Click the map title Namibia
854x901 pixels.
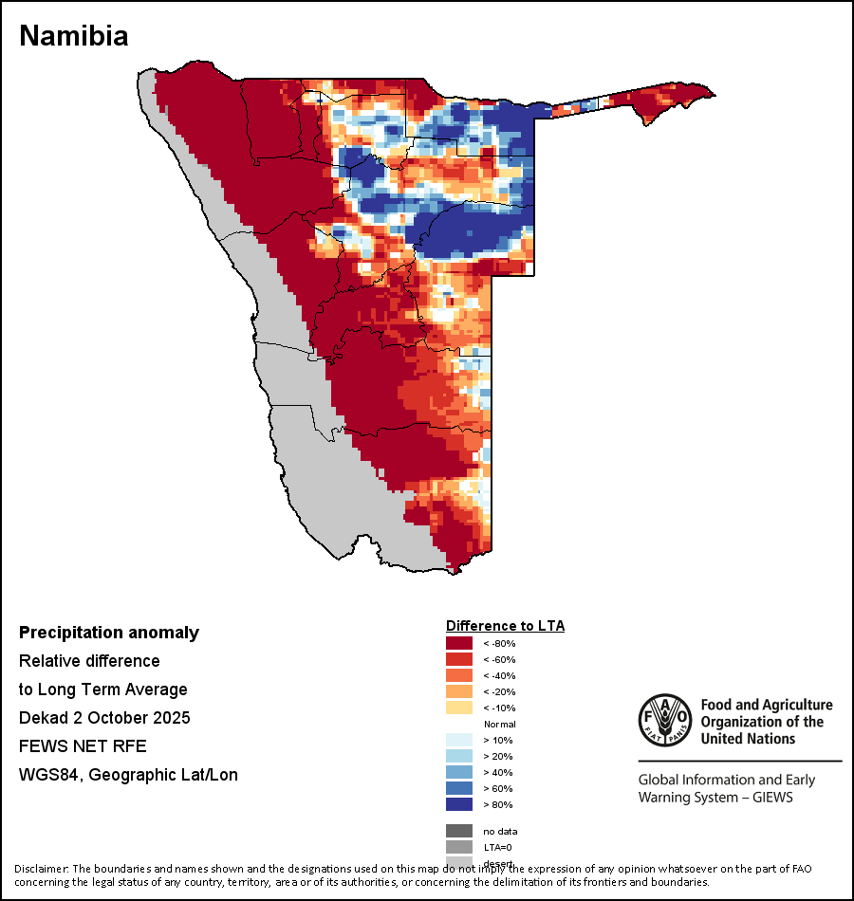pos(74,36)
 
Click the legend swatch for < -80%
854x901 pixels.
pos(459,644)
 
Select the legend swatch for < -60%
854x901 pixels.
pos(459,660)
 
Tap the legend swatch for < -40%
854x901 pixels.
pos(459,676)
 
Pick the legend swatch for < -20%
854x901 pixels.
pos(459,692)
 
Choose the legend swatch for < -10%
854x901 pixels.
pos(459,708)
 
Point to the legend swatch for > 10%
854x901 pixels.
pos(459,741)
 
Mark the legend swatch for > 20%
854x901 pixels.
pos(459,757)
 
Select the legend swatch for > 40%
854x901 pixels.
pos(459,773)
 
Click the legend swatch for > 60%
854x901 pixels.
pos(459,789)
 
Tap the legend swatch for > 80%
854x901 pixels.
pos(459,805)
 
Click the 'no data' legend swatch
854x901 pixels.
pos(459,831)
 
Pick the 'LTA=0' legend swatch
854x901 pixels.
pos(459,847)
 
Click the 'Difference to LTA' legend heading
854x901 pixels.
pos(505,626)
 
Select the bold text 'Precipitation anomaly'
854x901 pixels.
pos(109,633)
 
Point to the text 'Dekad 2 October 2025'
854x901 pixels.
pos(104,718)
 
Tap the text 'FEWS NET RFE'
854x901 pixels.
pos(83,746)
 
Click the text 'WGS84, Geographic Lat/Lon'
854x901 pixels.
pos(128,775)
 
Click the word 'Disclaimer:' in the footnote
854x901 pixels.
pos(42,869)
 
